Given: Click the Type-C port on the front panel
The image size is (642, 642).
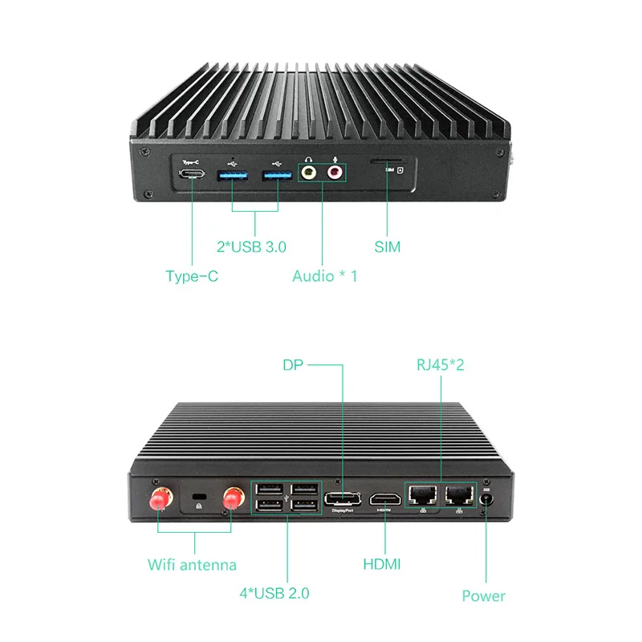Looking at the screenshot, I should click(x=192, y=174).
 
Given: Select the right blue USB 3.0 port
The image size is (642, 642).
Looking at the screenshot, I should click(x=278, y=173).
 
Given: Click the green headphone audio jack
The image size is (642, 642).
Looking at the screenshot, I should click(x=308, y=171).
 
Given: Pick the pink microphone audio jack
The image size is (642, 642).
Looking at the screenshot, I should click(x=335, y=171).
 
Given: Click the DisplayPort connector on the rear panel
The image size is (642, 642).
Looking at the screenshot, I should click(x=343, y=499).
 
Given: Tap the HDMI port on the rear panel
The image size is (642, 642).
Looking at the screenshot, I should click(x=385, y=499).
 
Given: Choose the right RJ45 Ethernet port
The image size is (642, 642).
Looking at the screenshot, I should click(x=459, y=494).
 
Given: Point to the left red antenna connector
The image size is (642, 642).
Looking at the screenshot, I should click(x=158, y=500).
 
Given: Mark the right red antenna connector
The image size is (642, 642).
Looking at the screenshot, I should click(x=233, y=498).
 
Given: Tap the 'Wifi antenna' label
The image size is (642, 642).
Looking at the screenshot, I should click(x=192, y=564).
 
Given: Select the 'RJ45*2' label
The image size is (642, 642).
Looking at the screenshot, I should click(x=440, y=365).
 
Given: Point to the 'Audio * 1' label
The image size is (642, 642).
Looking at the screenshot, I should click(x=325, y=276).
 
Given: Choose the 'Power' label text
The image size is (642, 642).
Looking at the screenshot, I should click(x=483, y=595).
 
